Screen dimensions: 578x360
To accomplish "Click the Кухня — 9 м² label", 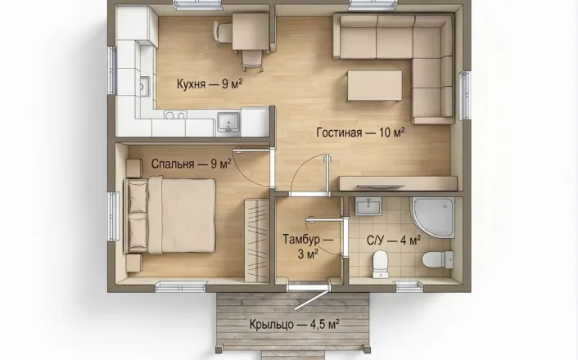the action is pos(210,84).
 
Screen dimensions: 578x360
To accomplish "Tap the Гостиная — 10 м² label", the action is pos(360,132).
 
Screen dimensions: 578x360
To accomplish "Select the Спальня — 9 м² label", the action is pos(191,164).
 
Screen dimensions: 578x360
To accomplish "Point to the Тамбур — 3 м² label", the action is pos(308,245).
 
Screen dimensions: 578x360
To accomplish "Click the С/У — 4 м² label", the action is pos(394,241).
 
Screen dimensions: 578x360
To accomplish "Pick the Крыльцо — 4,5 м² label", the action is pos(294,325).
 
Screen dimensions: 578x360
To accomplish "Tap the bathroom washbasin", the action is pos(368,206).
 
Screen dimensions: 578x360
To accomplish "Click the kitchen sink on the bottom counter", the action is pos(228,121).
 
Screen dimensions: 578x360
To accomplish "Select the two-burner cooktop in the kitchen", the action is pos(175,115).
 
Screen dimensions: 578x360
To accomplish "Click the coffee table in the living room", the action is pos(374,85).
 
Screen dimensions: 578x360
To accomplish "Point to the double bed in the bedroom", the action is pos(169,216).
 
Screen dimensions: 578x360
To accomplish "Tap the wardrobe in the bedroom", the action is pos(256,241).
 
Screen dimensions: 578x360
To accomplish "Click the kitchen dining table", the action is pos(251,31).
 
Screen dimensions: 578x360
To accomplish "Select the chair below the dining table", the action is pos(252,61).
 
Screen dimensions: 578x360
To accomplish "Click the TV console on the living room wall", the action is pos(398,183).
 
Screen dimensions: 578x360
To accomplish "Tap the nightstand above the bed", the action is pos(134,168).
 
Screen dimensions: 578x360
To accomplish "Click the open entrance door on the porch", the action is pos(311,299).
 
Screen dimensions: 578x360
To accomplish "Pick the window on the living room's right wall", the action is pos(464,96).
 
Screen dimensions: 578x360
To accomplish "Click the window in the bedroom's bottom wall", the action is pos(181,286).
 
